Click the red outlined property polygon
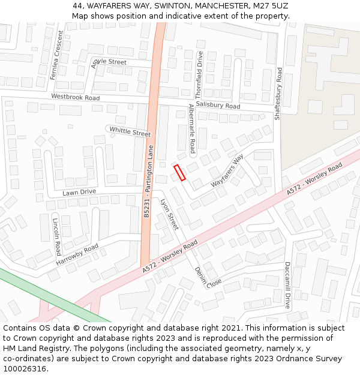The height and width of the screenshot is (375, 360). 179,172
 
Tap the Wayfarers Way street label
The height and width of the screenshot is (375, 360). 227,171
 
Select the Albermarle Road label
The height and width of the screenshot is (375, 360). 192,128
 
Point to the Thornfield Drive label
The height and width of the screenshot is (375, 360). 199,74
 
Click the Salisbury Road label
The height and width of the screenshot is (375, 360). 218,105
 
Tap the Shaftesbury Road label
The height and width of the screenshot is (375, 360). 278,94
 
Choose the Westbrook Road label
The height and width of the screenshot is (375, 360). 75,97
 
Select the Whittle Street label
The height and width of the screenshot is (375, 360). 130,131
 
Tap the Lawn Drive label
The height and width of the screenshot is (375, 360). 79,192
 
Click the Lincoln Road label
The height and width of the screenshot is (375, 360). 56,236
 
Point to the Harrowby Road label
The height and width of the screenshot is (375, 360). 77,255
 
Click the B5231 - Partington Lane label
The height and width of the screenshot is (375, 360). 148,181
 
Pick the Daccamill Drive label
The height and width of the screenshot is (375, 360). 287,284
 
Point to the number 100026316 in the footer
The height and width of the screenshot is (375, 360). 24,368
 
